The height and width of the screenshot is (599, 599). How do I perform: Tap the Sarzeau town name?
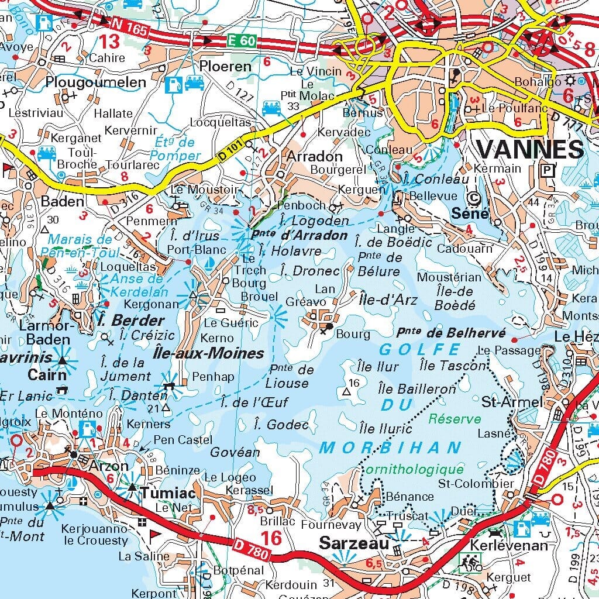(353, 543)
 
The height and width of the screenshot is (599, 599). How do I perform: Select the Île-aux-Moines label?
(216, 353)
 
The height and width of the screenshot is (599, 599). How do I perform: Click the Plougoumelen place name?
(95, 82)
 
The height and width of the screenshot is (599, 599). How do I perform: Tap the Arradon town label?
(314, 156)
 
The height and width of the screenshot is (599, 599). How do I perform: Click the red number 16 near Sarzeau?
(271, 537)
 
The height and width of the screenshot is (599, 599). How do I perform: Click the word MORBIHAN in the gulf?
(391, 447)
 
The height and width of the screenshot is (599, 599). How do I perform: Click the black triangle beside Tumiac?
(133, 487)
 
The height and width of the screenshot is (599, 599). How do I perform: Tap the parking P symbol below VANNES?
(547, 170)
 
